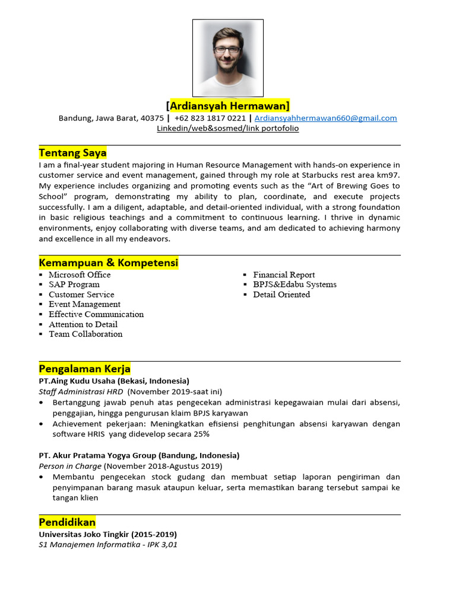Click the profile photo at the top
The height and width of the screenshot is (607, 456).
point(228,58)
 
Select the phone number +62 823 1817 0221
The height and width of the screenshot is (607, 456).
point(210,118)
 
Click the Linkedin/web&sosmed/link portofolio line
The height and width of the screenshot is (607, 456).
point(228,128)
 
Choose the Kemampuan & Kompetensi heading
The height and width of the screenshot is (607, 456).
point(109,263)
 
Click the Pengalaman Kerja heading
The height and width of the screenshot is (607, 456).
point(84,369)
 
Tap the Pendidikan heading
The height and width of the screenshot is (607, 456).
point(67,522)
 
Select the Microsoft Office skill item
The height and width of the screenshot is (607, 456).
point(80,274)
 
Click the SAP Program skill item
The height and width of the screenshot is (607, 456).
point(74,285)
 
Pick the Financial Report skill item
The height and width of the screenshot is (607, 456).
point(284,274)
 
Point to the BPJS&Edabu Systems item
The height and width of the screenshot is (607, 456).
point(294,285)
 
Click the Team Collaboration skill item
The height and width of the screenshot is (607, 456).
point(85,334)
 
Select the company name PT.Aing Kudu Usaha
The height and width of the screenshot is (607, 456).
point(77,381)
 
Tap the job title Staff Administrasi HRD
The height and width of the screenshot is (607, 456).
point(81,392)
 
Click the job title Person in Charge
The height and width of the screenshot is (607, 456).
point(70,467)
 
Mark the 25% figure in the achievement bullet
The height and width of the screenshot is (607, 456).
point(200,434)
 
